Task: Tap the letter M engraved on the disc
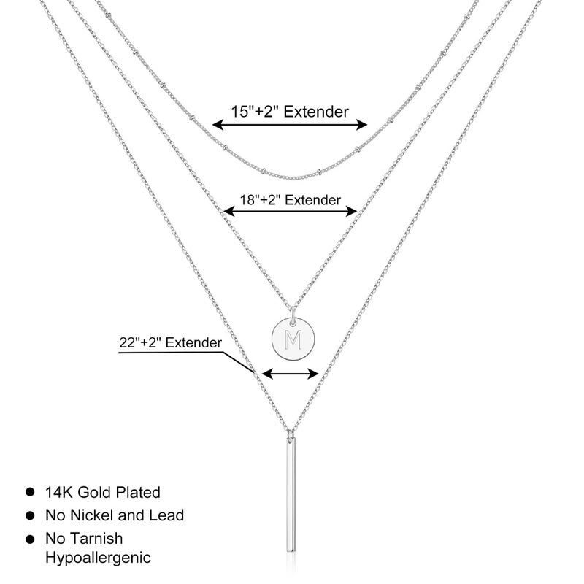[x=293, y=339]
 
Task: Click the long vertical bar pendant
[x=291, y=495]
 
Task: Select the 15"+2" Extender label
[x=290, y=112]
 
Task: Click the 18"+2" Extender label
[x=290, y=200]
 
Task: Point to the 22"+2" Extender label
[x=171, y=342]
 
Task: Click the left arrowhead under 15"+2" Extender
[x=218, y=125]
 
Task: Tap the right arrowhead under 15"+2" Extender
[x=361, y=125]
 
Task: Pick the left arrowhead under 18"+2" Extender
[x=228, y=212]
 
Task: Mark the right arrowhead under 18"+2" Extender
[x=352, y=212]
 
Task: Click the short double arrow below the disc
[x=291, y=374]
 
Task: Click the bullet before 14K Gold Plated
[x=30, y=492]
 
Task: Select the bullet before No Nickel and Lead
[x=30, y=516]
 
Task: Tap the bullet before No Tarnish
[x=30, y=539]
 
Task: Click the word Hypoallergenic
[x=98, y=558]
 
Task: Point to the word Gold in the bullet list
[x=95, y=492]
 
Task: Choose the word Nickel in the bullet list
[x=93, y=515]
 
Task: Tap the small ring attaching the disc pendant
[x=293, y=315]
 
